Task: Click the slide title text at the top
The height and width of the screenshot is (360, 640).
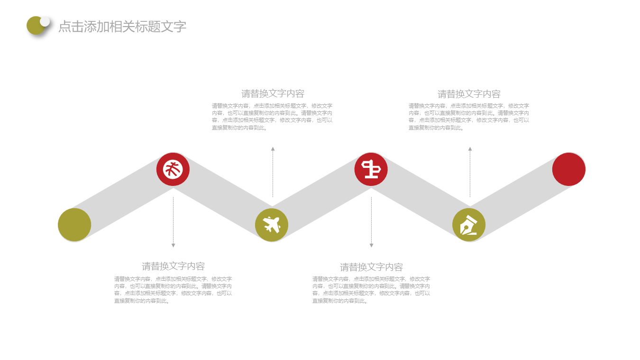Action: point(122,27)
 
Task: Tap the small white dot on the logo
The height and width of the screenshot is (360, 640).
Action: point(45,21)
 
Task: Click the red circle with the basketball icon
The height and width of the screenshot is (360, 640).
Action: point(173,169)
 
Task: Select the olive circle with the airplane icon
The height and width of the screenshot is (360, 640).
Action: point(272,225)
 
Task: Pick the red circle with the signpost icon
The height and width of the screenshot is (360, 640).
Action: point(371,169)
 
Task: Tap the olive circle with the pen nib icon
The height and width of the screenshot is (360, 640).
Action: point(469,225)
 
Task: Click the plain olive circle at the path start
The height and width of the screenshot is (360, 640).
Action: point(74,225)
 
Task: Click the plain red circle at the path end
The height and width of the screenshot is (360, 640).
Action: point(569,169)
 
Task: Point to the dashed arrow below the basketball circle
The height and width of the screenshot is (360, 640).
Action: point(173,222)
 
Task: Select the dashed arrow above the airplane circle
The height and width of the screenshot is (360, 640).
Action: point(273,172)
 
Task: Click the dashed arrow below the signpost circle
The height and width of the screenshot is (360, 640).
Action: point(371,222)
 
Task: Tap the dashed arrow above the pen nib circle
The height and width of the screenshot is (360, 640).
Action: point(470,172)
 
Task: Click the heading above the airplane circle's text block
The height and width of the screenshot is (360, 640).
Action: point(273,93)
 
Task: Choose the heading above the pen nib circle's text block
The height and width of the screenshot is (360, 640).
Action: point(469,94)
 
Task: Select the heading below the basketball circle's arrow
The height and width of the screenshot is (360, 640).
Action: point(173,266)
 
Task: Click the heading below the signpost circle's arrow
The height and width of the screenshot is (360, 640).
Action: point(371,267)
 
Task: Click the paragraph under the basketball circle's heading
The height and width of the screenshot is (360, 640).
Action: point(173,290)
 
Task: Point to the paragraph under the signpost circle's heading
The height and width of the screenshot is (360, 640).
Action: point(371,290)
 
